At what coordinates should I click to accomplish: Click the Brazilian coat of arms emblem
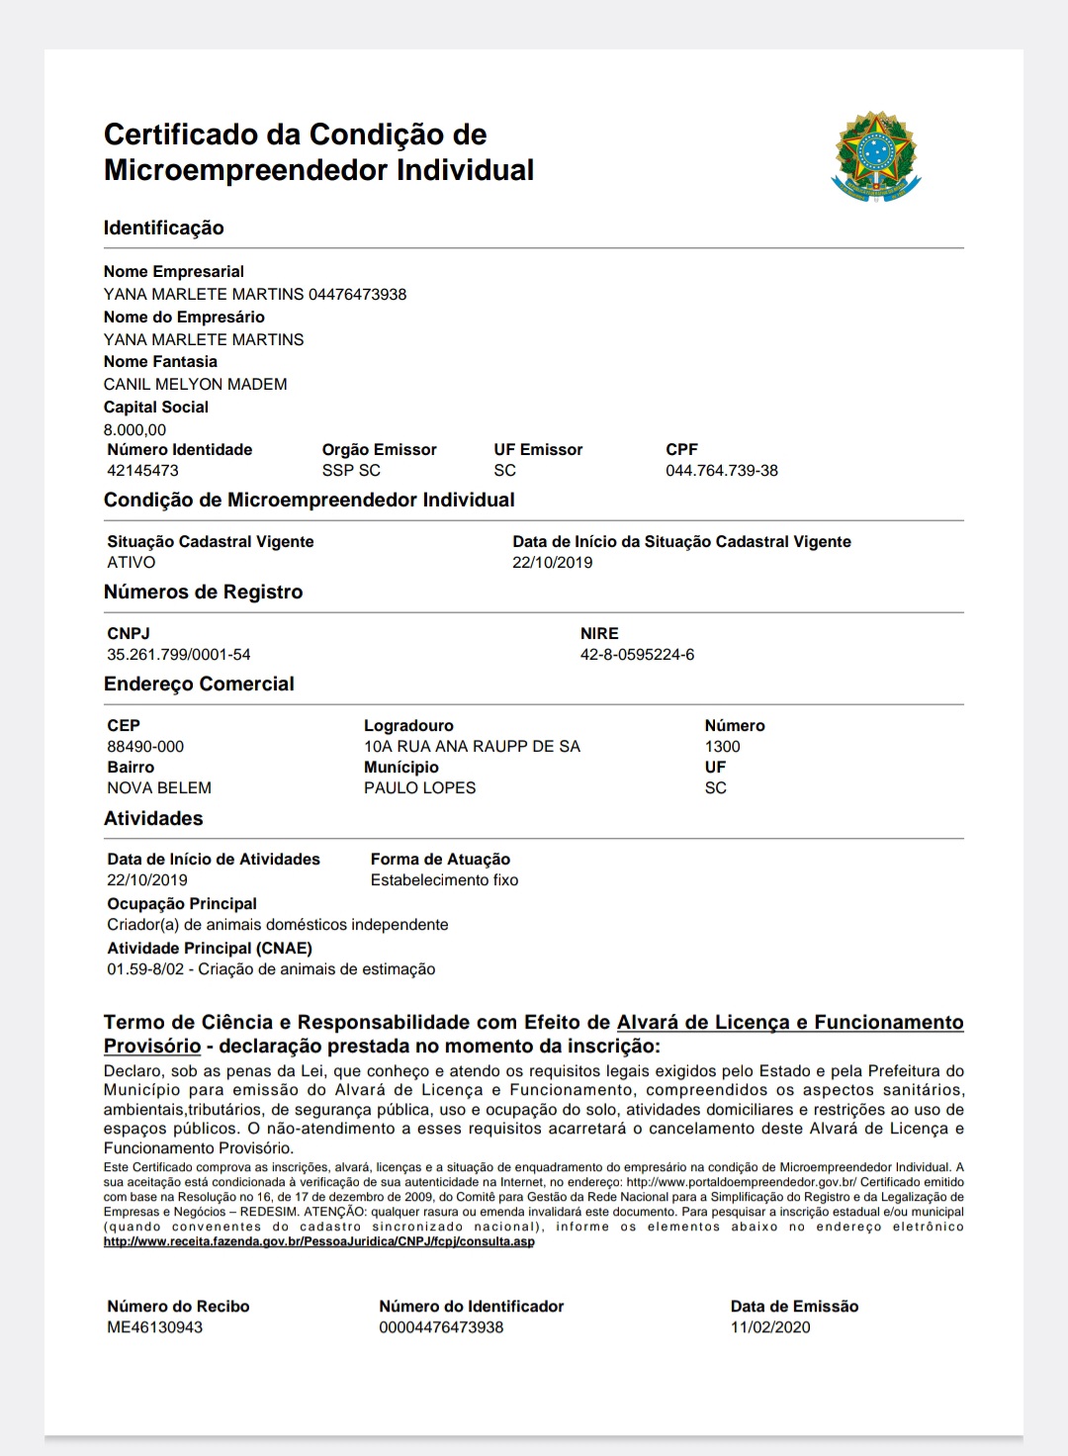pyautogui.click(x=875, y=156)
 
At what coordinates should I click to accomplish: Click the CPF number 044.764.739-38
pyautogui.click(x=721, y=471)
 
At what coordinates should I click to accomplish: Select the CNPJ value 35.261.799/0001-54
pyautogui.click(x=179, y=655)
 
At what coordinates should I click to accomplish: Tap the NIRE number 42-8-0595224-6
pyautogui.click(x=637, y=655)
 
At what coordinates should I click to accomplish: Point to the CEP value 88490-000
pyautogui.click(x=145, y=747)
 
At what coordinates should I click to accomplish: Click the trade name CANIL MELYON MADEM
pyautogui.click(x=195, y=384)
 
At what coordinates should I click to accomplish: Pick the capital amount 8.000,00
pyautogui.click(x=134, y=430)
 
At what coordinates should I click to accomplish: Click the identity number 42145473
pyautogui.click(x=142, y=471)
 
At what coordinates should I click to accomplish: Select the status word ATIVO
pyautogui.click(x=132, y=563)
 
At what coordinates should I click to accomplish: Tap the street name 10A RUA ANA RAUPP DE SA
pyautogui.click(x=472, y=747)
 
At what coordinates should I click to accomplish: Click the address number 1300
pyautogui.click(x=722, y=747)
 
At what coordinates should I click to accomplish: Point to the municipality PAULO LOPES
pyautogui.click(x=419, y=788)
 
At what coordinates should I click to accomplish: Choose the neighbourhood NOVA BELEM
pyautogui.click(x=159, y=788)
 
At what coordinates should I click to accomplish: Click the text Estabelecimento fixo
pyautogui.click(x=444, y=880)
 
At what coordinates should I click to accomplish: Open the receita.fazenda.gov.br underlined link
pyautogui.click(x=318, y=1241)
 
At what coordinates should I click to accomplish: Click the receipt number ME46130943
pyautogui.click(x=154, y=1327)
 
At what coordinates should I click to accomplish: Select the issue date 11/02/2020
pyautogui.click(x=770, y=1327)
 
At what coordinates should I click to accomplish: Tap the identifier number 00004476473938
pyautogui.click(x=441, y=1327)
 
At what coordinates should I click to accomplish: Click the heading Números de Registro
pyautogui.click(x=203, y=592)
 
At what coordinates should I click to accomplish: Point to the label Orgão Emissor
pyautogui.click(x=379, y=450)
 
